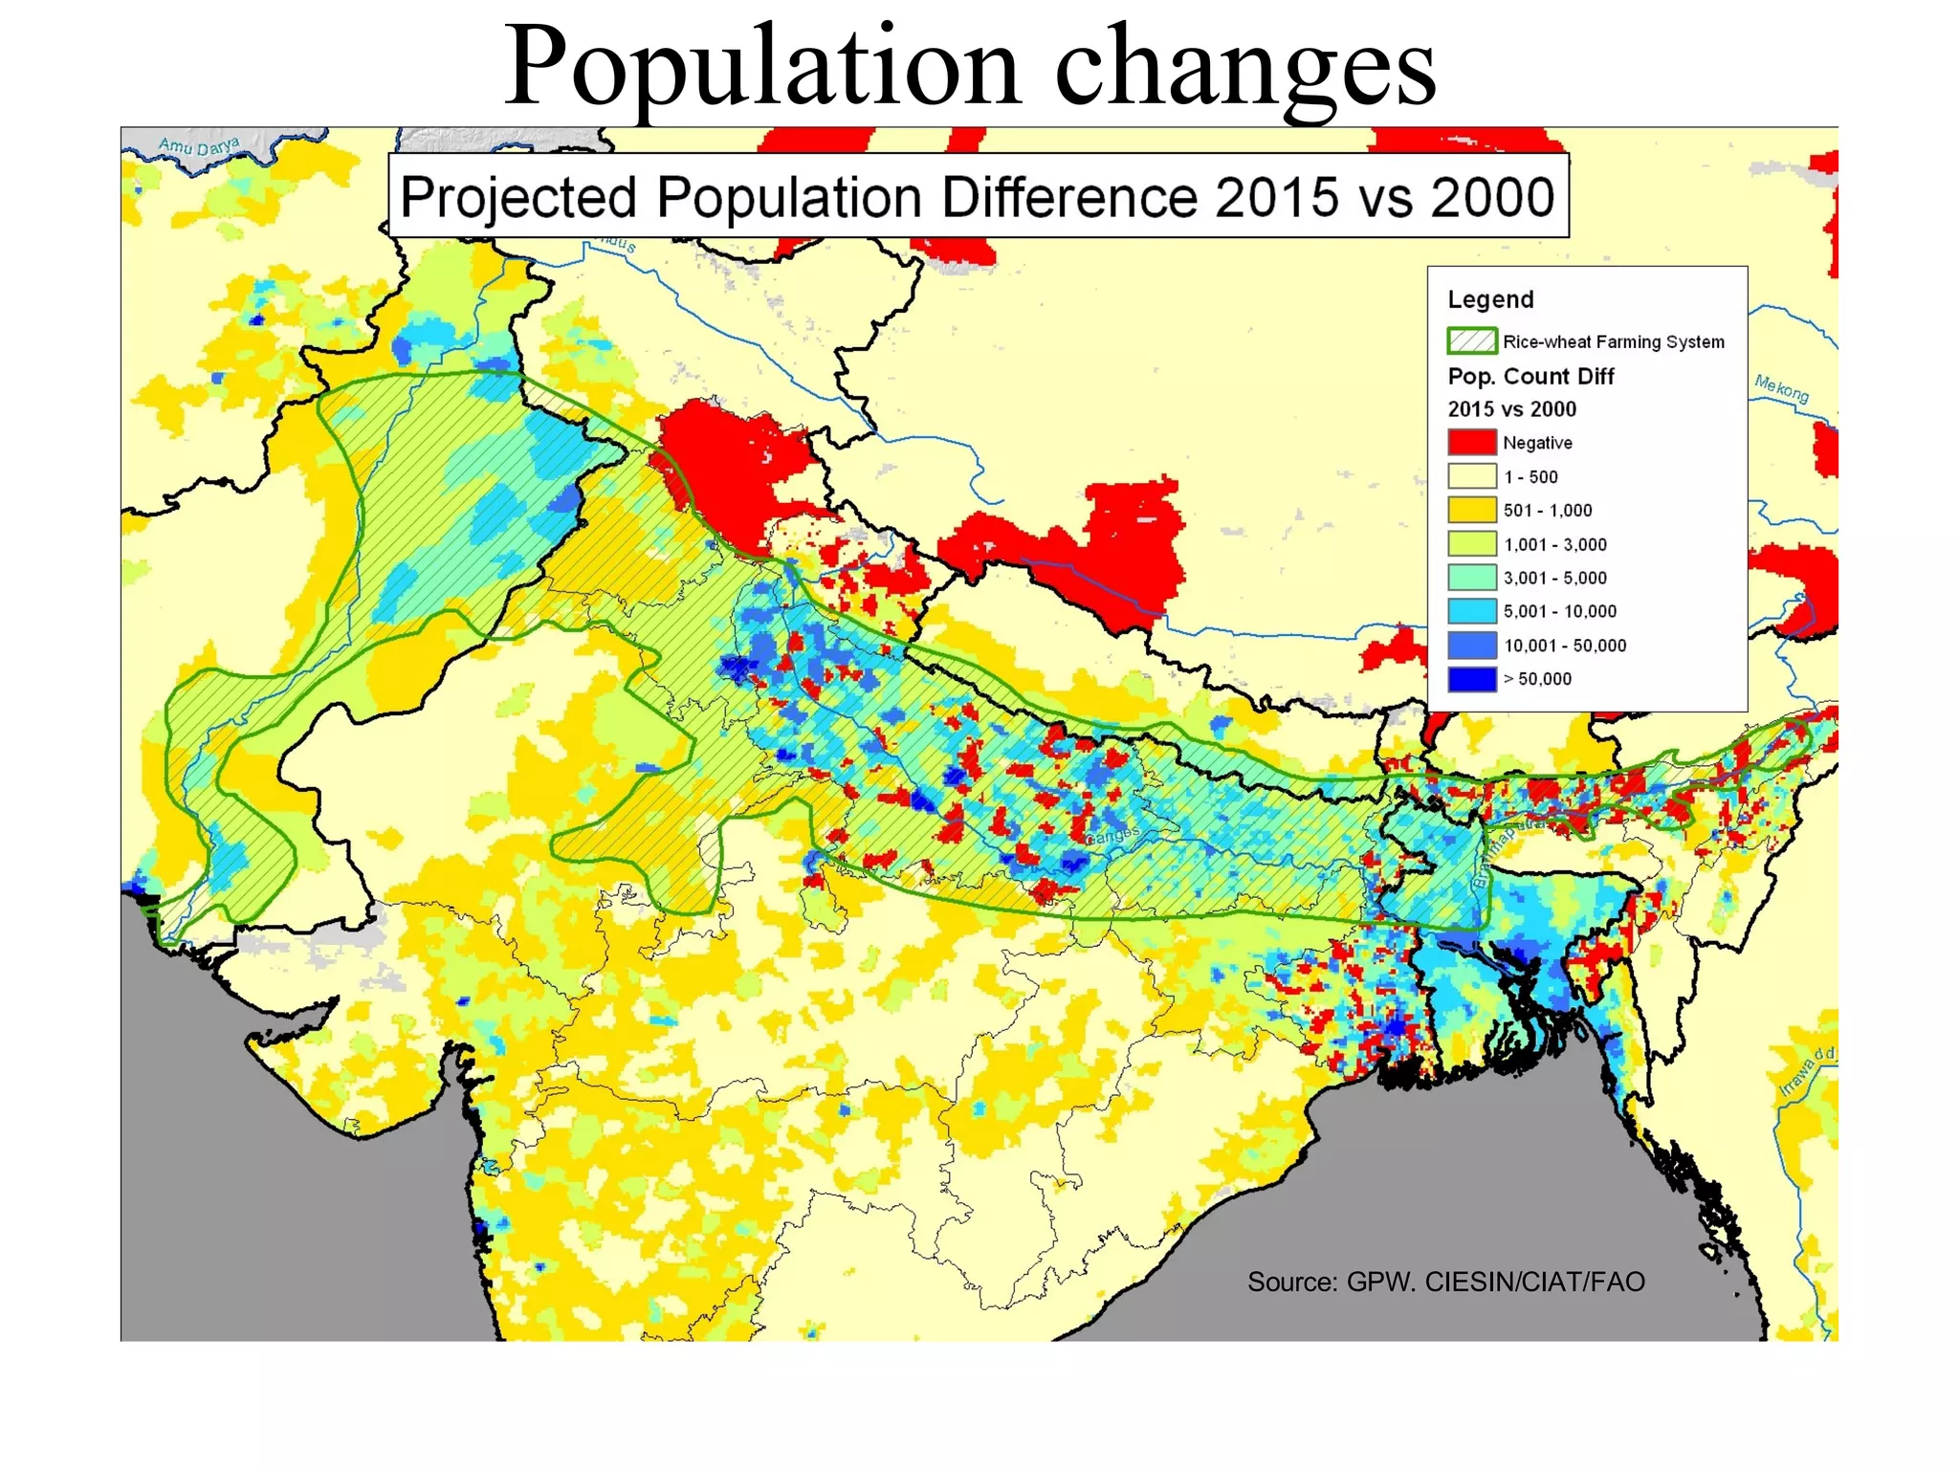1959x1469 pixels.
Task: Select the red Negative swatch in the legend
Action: (1471, 442)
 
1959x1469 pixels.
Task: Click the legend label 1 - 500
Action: (1530, 476)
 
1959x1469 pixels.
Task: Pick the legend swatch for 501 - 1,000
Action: (1471, 510)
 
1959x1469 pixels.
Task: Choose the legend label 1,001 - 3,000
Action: (1554, 544)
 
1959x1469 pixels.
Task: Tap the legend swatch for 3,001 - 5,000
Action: (1471, 578)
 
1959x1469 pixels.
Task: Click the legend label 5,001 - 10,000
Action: (1559, 611)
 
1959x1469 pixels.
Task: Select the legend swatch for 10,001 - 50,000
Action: (1471, 646)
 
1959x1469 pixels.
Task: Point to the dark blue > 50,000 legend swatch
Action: (1471, 679)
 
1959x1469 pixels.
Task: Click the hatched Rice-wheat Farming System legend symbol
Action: (1471, 340)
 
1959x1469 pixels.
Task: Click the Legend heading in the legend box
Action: (1490, 299)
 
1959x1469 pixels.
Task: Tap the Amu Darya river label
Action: (199, 145)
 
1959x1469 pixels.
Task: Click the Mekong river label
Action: (1781, 388)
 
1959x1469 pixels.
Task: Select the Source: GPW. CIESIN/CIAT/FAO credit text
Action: (1445, 1282)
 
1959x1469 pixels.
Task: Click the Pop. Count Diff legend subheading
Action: (1530, 376)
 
